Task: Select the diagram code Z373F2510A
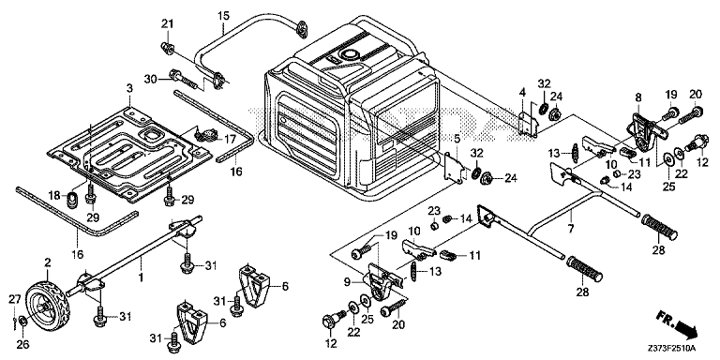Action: pyautogui.click(x=672, y=348)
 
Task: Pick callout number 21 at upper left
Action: pyautogui.click(x=167, y=23)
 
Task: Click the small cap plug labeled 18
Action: pyautogui.click(x=72, y=201)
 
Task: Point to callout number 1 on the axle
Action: pyautogui.click(x=142, y=277)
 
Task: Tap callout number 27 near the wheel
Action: pyautogui.click(x=16, y=300)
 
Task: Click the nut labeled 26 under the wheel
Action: pyautogui.click(x=23, y=331)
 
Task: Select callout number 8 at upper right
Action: pyautogui.click(x=637, y=97)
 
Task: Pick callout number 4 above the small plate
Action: pyautogui.click(x=522, y=93)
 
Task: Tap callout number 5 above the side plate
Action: pyautogui.click(x=457, y=138)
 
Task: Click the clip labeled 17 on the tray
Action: pyautogui.click(x=203, y=135)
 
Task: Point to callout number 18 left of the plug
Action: pyautogui.click(x=54, y=196)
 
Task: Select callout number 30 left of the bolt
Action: pyautogui.click(x=150, y=79)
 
